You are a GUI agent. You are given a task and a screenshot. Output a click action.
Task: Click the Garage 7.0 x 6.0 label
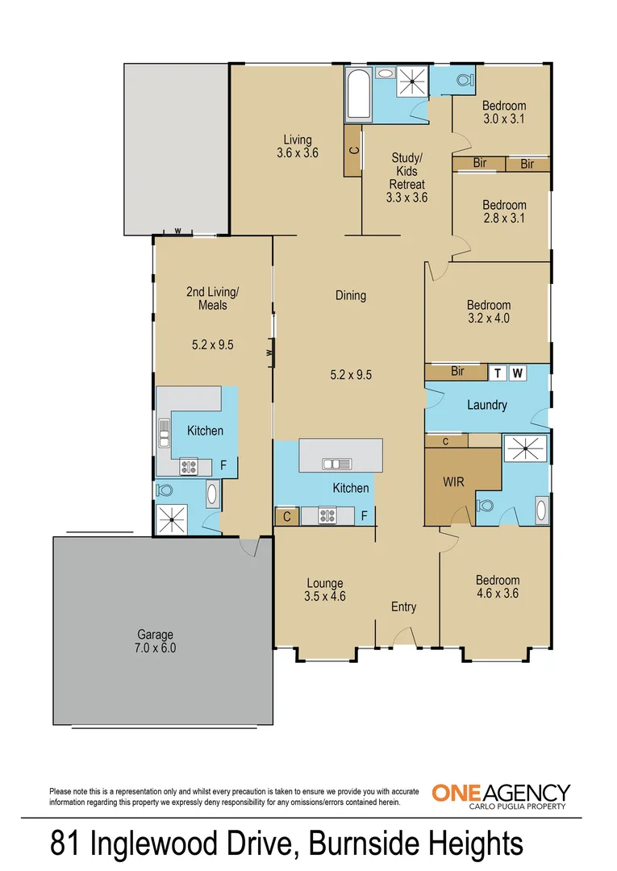click(154, 641)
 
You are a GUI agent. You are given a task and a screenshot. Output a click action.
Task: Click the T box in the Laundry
click(498, 373)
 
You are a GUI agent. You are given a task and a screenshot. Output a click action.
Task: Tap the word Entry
click(403, 606)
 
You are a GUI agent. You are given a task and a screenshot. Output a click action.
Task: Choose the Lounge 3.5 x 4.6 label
click(325, 590)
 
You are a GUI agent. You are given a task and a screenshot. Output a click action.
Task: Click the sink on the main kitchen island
click(336, 464)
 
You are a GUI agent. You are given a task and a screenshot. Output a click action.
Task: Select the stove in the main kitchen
click(329, 515)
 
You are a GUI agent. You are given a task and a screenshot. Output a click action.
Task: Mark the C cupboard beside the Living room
click(353, 151)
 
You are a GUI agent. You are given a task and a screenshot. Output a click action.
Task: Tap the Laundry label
click(486, 405)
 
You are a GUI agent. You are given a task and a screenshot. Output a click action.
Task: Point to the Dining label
click(351, 295)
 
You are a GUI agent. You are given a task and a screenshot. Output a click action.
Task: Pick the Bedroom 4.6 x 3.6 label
click(497, 586)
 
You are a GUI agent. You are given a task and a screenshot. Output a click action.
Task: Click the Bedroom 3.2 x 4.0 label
click(488, 311)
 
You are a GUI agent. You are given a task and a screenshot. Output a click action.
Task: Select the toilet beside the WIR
click(486, 506)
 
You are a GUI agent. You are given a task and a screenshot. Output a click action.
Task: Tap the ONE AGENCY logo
click(501, 794)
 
